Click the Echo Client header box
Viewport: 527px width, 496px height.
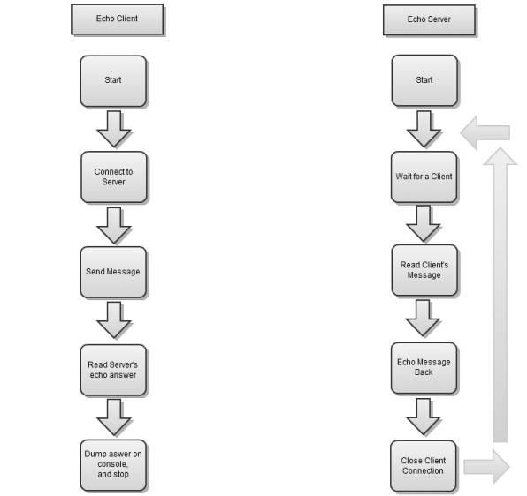pyautogui.click(x=117, y=18)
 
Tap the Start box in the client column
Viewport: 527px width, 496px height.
pyautogui.click(x=113, y=80)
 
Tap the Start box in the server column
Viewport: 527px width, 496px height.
pyautogui.click(x=424, y=80)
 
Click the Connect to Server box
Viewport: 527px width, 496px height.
pyautogui.click(x=113, y=177)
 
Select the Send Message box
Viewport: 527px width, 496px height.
pyautogui.click(x=113, y=272)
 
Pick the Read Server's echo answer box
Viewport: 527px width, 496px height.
pyautogui.click(x=113, y=368)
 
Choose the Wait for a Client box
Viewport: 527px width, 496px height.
pyautogui.click(x=424, y=177)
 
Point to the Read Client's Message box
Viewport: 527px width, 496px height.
pyautogui.click(x=424, y=269)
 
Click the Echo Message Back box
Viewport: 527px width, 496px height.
pyautogui.click(x=424, y=367)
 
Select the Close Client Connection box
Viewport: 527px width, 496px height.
pyautogui.click(x=424, y=464)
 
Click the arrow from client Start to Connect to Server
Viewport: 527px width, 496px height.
pyautogui.click(x=113, y=129)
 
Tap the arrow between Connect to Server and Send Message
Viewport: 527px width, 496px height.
pyautogui.click(x=113, y=225)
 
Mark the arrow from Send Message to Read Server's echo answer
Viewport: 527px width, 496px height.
pyautogui.click(x=113, y=319)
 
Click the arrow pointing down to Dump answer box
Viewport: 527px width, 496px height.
pyautogui.click(x=113, y=416)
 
